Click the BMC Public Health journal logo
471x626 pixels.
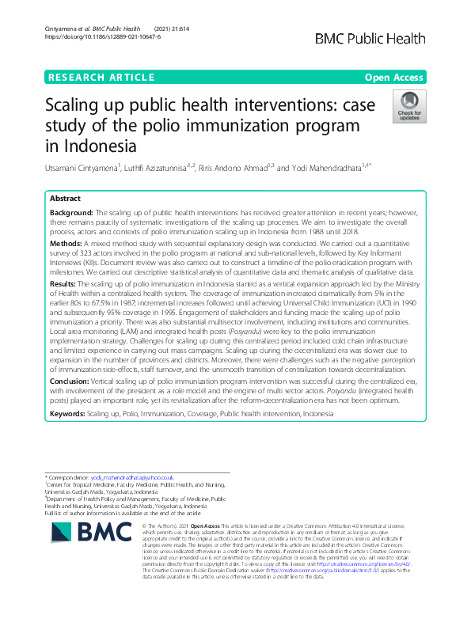[x=382, y=39]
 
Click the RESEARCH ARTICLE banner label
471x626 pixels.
[x=101, y=77]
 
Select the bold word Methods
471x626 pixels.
[x=66, y=245]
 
